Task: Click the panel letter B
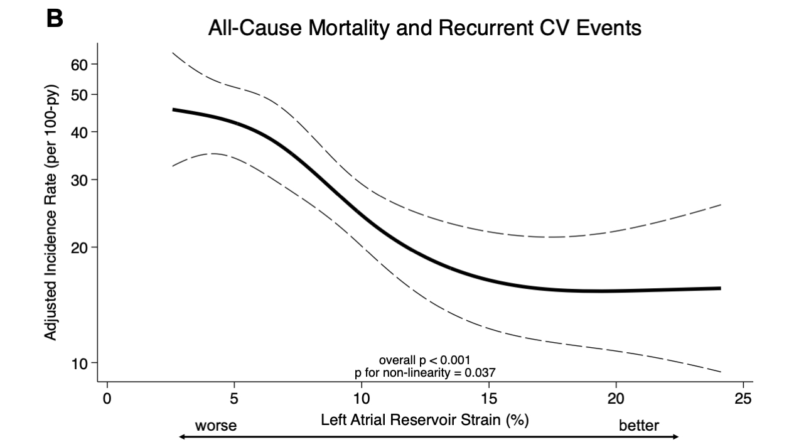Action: (x=55, y=19)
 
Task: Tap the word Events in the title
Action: (x=608, y=28)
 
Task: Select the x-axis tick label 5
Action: (x=234, y=399)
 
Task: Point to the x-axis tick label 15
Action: (x=488, y=399)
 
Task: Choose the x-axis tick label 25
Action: (x=743, y=399)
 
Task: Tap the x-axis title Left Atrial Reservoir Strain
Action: (x=424, y=419)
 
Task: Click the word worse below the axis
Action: (x=215, y=426)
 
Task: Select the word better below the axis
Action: (x=639, y=426)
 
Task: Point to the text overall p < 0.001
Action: (x=424, y=361)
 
